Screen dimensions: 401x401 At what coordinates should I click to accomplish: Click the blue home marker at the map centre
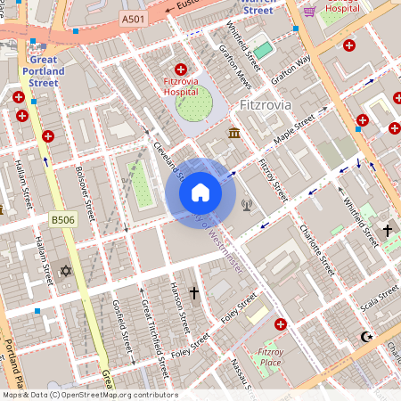pos(200,192)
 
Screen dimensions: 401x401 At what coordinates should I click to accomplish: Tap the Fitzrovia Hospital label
pos(180,85)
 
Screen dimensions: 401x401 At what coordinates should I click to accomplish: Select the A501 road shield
pos(133,19)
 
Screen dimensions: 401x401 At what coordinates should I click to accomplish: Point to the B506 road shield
pos(61,218)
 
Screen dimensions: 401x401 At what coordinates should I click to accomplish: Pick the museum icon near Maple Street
pos(233,133)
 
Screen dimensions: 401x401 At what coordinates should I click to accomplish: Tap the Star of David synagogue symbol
pos(64,271)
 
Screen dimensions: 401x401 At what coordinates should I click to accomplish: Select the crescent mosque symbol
pos(364,337)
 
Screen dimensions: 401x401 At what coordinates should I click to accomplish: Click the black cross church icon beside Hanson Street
pos(194,292)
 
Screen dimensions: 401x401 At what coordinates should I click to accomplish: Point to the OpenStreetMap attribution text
pos(89,395)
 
